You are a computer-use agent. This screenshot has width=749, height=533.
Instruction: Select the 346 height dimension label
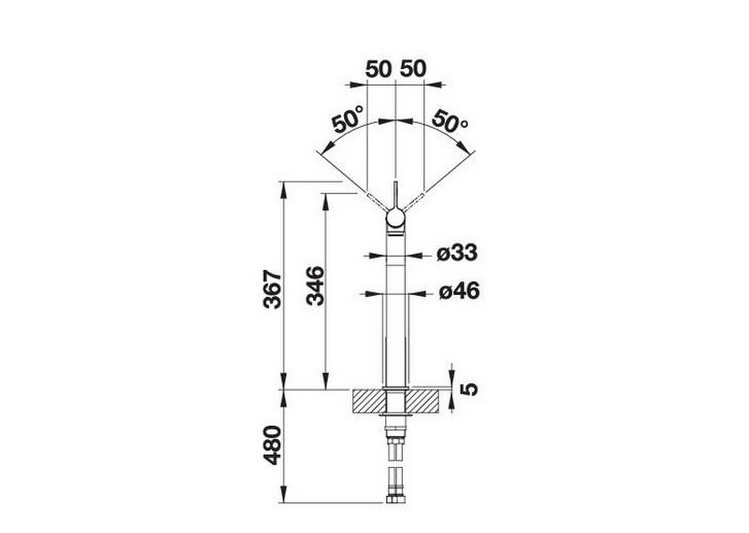pyautogui.click(x=315, y=286)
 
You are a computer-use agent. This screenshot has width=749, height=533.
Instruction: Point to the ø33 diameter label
pyautogui.click(x=457, y=253)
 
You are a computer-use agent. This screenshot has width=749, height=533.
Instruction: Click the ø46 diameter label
pyautogui.click(x=458, y=291)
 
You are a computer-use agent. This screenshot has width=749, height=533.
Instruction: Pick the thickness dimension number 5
pyautogui.click(x=469, y=389)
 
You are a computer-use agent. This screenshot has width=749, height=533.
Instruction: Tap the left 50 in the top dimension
pyautogui.click(x=378, y=69)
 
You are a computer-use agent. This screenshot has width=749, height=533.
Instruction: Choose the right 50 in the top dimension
pyautogui.click(x=413, y=69)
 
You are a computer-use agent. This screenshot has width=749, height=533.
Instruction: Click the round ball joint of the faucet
pyautogui.click(x=395, y=218)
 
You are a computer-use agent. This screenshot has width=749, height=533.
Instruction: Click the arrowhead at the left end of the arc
pyautogui.click(x=323, y=150)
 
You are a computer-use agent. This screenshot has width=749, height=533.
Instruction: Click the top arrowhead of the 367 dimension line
pyautogui.click(x=284, y=188)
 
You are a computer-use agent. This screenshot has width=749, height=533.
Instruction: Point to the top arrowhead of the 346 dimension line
pyautogui.click(x=325, y=200)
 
